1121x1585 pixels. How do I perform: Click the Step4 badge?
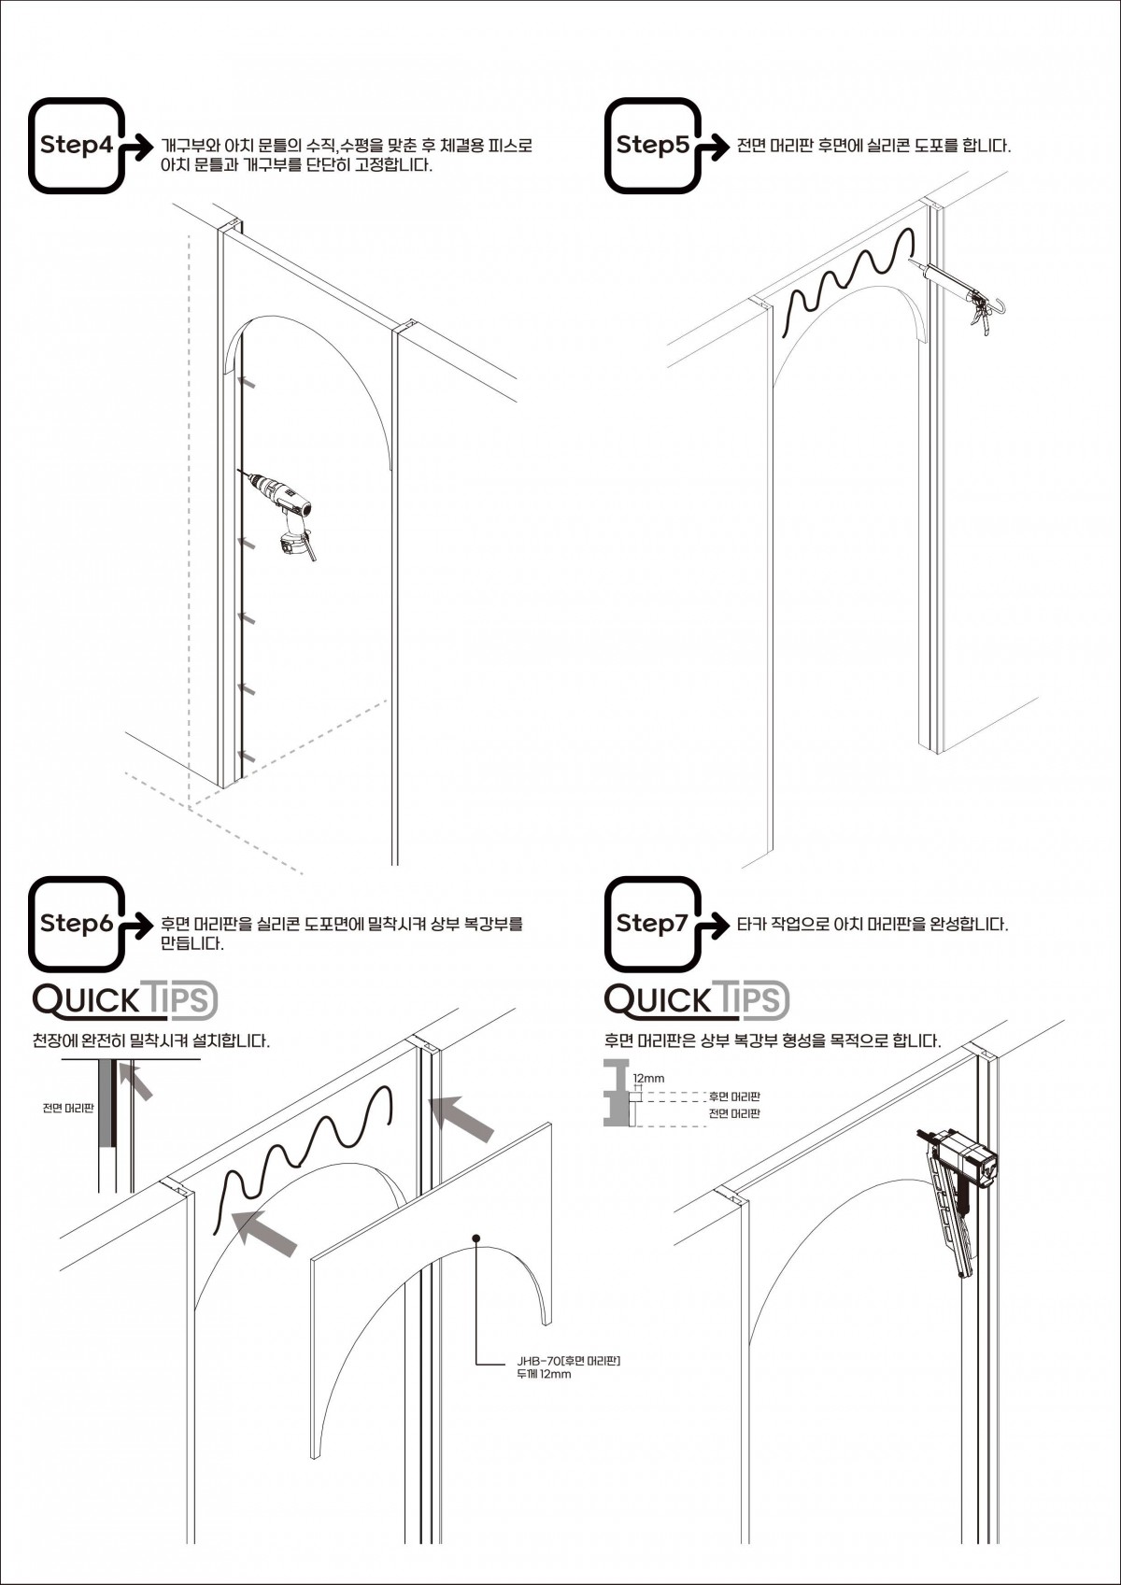click(x=77, y=146)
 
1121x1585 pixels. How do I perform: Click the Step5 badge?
click(x=652, y=146)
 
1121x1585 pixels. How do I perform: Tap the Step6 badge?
click(x=77, y=924)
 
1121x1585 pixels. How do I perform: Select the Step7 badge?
click(x=652, y=924)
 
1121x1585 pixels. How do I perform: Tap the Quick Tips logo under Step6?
click(x=125, y=1000)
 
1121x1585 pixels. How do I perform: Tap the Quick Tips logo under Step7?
click(x=697, y=1000)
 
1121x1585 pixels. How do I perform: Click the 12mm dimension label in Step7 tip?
click(x=648, y=1078)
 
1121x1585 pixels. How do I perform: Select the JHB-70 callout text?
click(x=568, y=1366)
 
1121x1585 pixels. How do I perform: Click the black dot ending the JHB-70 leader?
click(x=476, y=1238)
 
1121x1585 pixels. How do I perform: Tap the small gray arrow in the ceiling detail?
click(x=137, y=1083)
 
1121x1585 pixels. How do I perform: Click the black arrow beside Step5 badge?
click(x=715, y=147)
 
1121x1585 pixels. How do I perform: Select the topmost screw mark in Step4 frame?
click(x=248, y=382)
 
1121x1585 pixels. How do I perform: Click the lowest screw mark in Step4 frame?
click(x=248, y=756)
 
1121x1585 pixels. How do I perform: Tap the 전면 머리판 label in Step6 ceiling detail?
click(x=67, y=1109)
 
